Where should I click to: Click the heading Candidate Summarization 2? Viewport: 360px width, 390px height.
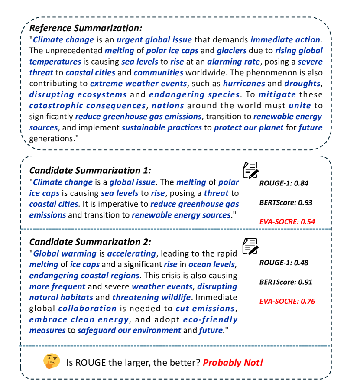(x=90, y=242)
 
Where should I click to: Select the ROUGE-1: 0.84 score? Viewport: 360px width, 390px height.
(x=284, y=183)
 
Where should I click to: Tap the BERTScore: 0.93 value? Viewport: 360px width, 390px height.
(x=286, y=202)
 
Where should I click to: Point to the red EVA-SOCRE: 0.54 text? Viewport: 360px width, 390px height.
(x=287, y=221)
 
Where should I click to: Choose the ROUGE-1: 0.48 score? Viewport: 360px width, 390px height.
(x=284, y=263)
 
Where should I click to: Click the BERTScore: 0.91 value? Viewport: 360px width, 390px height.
(x=286, y=282)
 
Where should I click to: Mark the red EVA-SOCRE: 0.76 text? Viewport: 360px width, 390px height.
(x=287, y=301)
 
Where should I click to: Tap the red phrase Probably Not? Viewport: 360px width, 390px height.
(x=233, y=362)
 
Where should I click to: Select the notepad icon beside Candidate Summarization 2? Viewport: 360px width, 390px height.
(x=250, y=246)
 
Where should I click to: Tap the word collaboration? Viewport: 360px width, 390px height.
(x=87, y=309)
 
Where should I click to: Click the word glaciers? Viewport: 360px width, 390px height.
(x=232, y=51)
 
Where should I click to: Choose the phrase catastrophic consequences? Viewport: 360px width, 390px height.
(x=87, y=105)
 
